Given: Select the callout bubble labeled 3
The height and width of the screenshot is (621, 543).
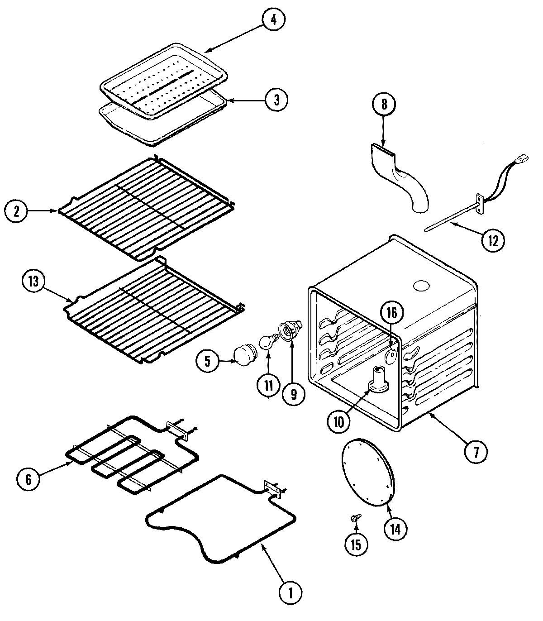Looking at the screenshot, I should tap(276, 99).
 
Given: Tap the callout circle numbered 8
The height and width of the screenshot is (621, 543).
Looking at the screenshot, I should tap(384, 105).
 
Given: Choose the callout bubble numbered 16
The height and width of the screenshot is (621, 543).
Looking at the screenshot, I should tap(391, 313).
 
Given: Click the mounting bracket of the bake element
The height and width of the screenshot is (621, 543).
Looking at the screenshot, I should tap(271, 489).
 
